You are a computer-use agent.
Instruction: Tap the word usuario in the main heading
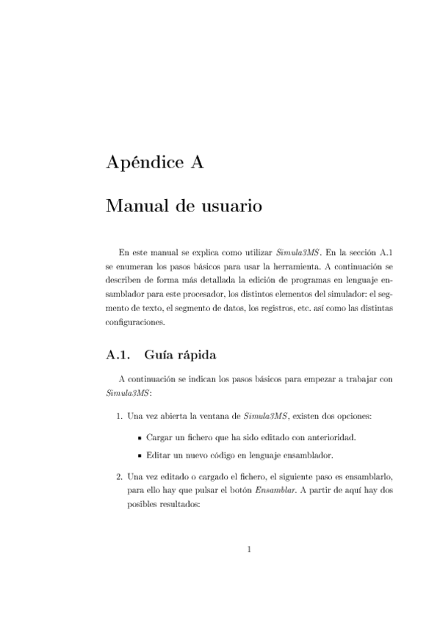click(x=227, y=206)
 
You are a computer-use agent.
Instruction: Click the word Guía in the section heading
click(x=160, y=356)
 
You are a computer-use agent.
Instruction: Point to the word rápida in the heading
click(x=196, y=356)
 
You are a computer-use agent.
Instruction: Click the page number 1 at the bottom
click(x=250, y=548)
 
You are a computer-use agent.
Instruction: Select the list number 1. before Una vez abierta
click(x=120, y=417)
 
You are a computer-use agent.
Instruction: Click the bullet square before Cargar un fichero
click(x=139, y=437)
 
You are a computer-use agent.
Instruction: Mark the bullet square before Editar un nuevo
click(x=139, y=455)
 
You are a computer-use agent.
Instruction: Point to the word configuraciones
click(x=136, y=321)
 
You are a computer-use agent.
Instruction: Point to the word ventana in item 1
click(x=208, y=417)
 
